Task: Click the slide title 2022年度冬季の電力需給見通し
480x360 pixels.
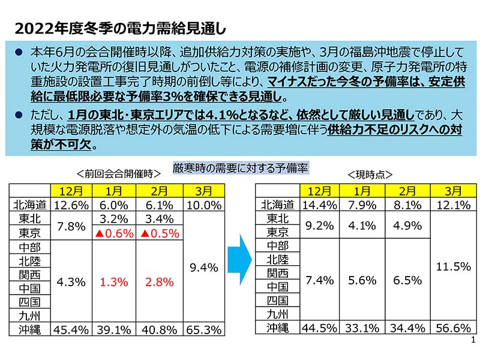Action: pos(119,28)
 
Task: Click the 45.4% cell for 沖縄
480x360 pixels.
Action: pos(71,329)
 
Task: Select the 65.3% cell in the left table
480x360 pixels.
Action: pos(203,329)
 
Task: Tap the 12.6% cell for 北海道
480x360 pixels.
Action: pos(71,205)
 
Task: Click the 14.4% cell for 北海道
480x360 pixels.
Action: pos(319,205)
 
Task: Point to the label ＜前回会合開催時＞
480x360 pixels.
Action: pos(118,174)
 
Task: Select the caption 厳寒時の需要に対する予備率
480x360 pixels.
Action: pos(240,168)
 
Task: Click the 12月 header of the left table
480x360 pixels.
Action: pos(71,191)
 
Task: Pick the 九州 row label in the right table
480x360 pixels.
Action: pos(277,314)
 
